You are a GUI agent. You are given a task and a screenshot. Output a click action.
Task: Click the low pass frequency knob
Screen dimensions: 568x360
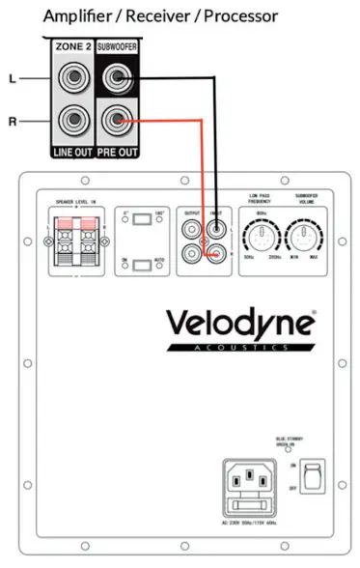[x=260, y=236]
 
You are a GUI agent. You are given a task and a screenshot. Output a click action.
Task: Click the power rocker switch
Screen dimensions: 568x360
[x=311, y=474]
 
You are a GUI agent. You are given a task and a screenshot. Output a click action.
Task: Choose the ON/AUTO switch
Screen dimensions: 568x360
[x=142, y=265]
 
